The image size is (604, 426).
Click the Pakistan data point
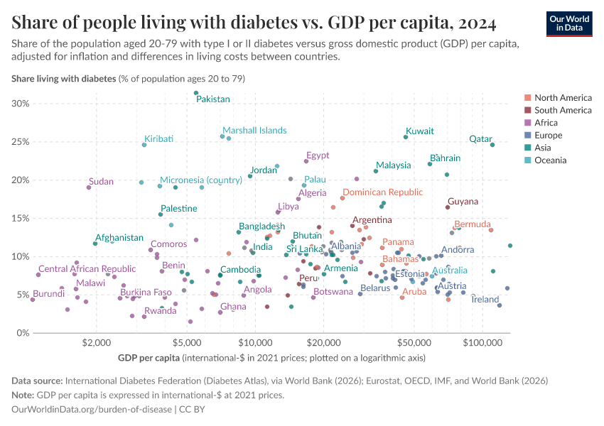196,93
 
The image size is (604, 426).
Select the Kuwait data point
406,137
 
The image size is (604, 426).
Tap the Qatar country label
481,138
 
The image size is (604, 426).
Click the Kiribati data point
144,145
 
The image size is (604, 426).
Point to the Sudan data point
89,187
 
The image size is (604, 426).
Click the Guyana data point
448,207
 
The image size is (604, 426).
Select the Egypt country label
318,155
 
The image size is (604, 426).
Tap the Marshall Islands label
254,130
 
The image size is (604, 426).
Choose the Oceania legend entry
550,160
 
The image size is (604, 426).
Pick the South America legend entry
562,110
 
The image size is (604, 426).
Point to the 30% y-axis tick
19,104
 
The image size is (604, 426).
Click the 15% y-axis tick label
19,218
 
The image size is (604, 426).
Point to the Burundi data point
32,300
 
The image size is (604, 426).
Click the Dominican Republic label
382,192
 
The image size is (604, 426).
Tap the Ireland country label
485,300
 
